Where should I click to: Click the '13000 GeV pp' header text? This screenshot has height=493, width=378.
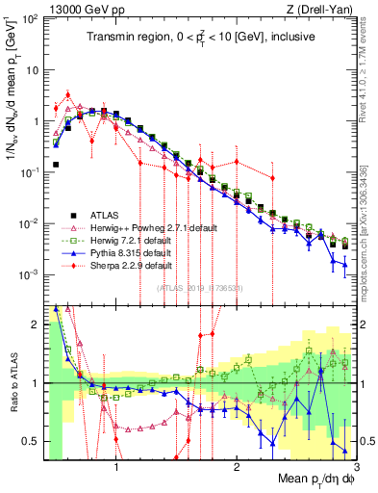click(84, 9)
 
